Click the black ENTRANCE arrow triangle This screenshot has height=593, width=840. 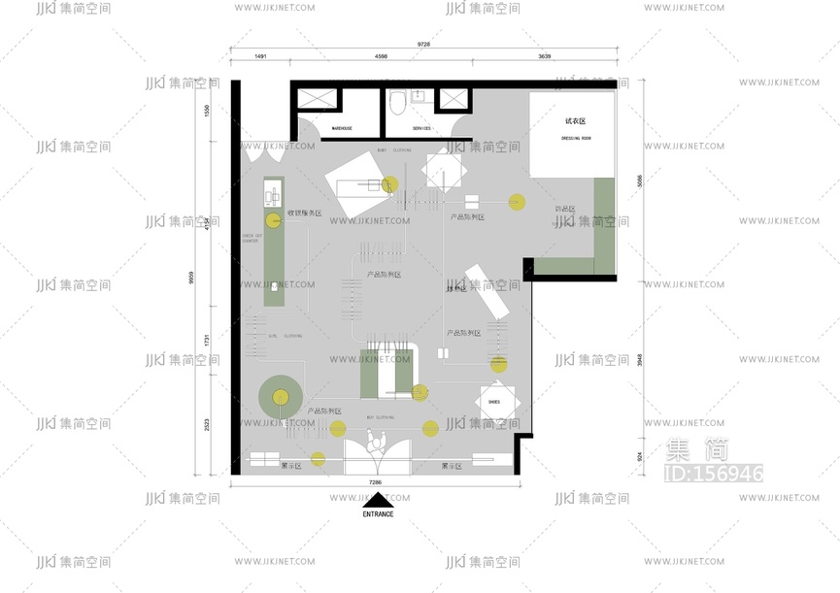378,501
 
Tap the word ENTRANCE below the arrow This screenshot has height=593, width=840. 378,514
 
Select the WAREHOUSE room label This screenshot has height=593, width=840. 342,128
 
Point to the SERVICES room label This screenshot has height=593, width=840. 421,128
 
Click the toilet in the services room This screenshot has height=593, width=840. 396,101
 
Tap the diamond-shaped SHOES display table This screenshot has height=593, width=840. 494,400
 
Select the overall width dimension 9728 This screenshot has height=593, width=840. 423,44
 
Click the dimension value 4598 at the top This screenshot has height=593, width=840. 381,57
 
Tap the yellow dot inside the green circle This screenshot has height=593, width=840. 281,396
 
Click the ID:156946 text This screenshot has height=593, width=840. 712,474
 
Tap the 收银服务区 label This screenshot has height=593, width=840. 304,213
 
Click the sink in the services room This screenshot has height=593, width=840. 418,96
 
